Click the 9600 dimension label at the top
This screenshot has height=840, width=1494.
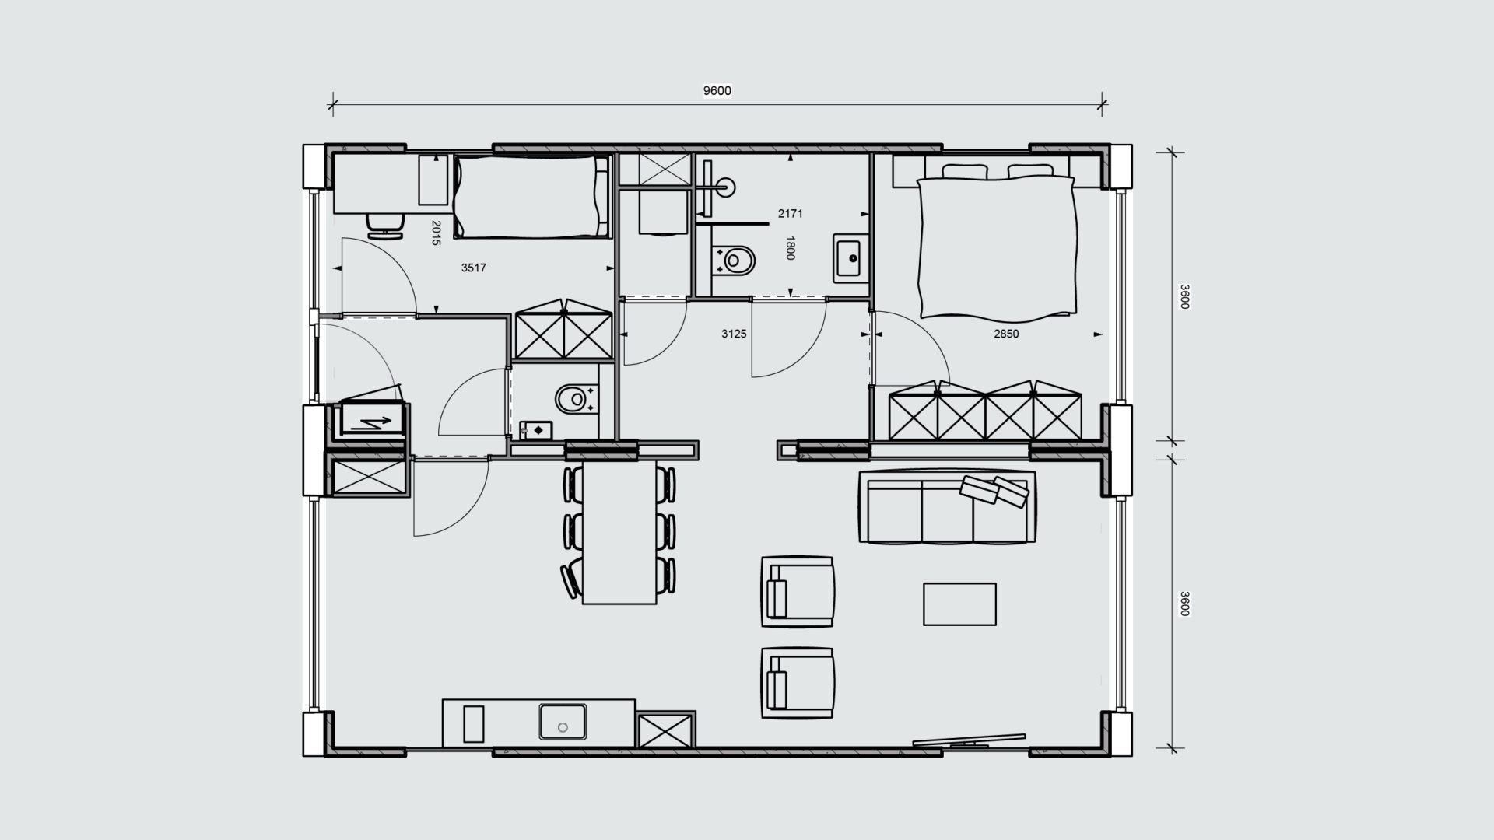(717, 90)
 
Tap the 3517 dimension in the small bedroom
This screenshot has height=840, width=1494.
(473, 268)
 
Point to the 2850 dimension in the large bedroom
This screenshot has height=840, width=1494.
(1006, 334)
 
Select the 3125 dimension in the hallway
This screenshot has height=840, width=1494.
(734, 334)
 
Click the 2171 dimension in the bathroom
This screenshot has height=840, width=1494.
(790, 213)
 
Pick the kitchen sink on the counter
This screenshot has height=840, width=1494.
(563, 722)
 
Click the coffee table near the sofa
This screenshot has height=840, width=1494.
(959, 604)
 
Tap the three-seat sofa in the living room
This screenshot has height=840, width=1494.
(948, 506)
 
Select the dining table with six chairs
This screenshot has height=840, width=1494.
(619, 532)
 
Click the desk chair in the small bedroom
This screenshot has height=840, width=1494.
(385, 224)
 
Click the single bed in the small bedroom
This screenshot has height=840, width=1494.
(531, 196)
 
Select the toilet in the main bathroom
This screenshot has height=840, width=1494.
(735, 261)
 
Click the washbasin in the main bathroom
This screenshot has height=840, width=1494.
(851, 257)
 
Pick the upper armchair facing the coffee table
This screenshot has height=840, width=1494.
(798, 591)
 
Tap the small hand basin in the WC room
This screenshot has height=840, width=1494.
(535, 430)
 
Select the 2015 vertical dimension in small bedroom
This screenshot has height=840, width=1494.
(436, 233)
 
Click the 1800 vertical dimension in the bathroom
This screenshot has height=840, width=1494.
(791, 248)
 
